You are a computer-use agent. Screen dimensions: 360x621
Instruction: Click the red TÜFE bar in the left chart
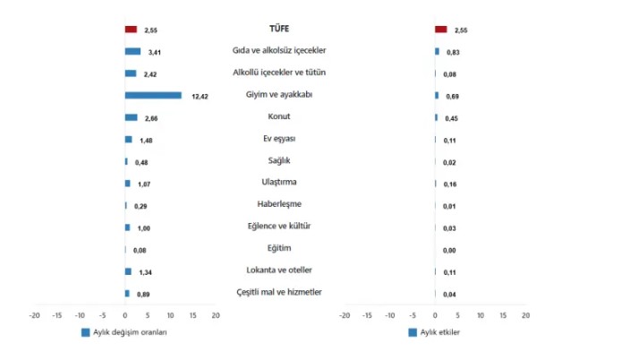pyautogui.click(x=131, y=30)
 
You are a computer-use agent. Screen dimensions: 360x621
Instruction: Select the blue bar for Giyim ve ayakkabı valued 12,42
pyautogui.click(x=153, y=95)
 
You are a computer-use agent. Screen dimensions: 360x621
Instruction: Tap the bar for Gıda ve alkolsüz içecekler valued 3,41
pyautogui.click(x=133, y=52)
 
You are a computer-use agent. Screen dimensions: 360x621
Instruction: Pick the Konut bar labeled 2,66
pyautogui.click(x=132, y=117)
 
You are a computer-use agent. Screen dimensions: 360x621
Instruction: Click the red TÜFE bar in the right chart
pyautogui.click(x=440, y=30)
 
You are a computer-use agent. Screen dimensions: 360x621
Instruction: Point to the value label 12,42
pyautogui.click(x=200, y=96)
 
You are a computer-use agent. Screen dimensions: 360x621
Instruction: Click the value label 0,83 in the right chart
pyautogui.click(x=453, y=53)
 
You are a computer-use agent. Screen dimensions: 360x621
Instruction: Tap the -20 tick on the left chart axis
pyautogui.click(x=35, y=315)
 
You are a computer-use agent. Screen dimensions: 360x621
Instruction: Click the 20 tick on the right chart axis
pyautogui.click(x=526, y=315)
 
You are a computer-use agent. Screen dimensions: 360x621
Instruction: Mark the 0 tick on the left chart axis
pyautogui.click(x=125, y=315)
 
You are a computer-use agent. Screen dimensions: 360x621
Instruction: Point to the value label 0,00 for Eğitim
pyautogui.click(x=451, y=250)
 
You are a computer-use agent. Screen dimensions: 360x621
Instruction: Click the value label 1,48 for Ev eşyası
pyautogui.click(x=146, y=140)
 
